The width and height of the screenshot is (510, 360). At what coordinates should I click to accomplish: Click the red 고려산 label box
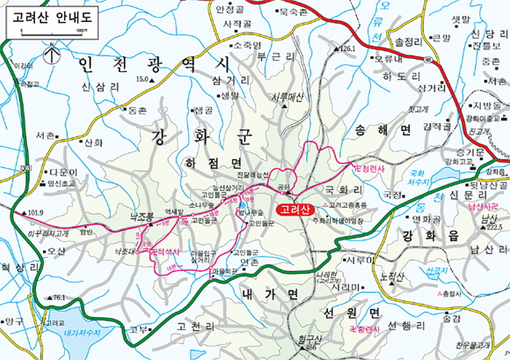click(x=294, y=210)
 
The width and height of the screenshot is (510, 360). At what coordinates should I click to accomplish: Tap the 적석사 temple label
click(x=167, y=251)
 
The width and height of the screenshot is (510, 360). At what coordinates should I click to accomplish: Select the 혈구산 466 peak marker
click(x=310, y=343)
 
